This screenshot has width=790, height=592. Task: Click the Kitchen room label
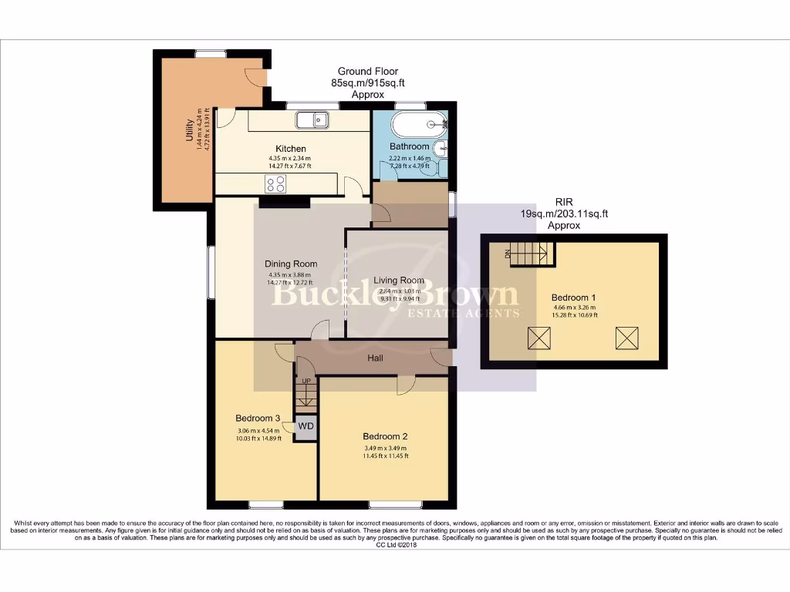[x=291, y=149]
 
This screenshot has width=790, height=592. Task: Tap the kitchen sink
[x=312, y=120]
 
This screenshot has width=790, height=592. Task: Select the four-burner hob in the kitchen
[x=275, y=183]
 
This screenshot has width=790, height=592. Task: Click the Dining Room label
[x=291, y=264]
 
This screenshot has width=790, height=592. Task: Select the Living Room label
[x=399, y=281]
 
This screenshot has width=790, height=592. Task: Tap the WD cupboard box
[x=306, y=426]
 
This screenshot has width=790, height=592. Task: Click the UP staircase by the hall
[x=306, y=395]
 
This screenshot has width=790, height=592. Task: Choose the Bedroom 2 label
[x=385, y=435]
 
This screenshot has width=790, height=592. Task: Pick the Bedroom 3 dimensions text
[x=258, y=434]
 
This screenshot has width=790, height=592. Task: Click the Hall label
[x=375, y=358]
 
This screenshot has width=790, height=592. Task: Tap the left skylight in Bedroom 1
[x=538, y=337]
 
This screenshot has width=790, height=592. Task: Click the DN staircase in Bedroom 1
[x=531, y=252]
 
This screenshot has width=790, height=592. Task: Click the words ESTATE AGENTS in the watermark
[x=474, y=313]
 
